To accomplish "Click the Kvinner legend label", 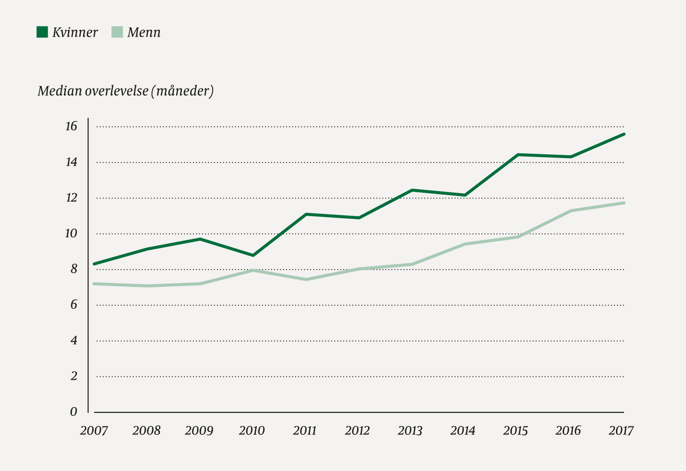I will tap(75, 33).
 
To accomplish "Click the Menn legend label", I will tap(144, 33).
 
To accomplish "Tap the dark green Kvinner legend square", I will tap(42, 32).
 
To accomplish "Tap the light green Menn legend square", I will tap(117, 32).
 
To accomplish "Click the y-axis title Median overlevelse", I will tap(125, 91).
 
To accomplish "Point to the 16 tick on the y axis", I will tap(71, 126).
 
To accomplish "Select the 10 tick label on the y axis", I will tap(71, 234).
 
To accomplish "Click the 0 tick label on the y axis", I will tap(73, 412).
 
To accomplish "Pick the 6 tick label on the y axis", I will tap(73, 305).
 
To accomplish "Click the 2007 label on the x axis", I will tap(94, 431).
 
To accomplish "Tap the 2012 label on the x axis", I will tap(358, 431).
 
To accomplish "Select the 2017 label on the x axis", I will tap(621, 431).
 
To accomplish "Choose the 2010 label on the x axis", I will tap(252, 431).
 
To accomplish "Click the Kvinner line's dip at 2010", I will tap(253, 255).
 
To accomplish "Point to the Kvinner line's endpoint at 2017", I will tap(624, 134).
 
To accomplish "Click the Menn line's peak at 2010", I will tap(253, 271).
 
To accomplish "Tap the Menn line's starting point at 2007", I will tap(94, 284).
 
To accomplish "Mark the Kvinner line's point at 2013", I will tap(412, 190).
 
